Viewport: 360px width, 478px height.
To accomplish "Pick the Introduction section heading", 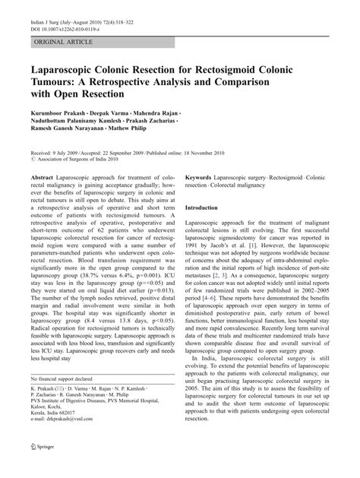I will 207,229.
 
